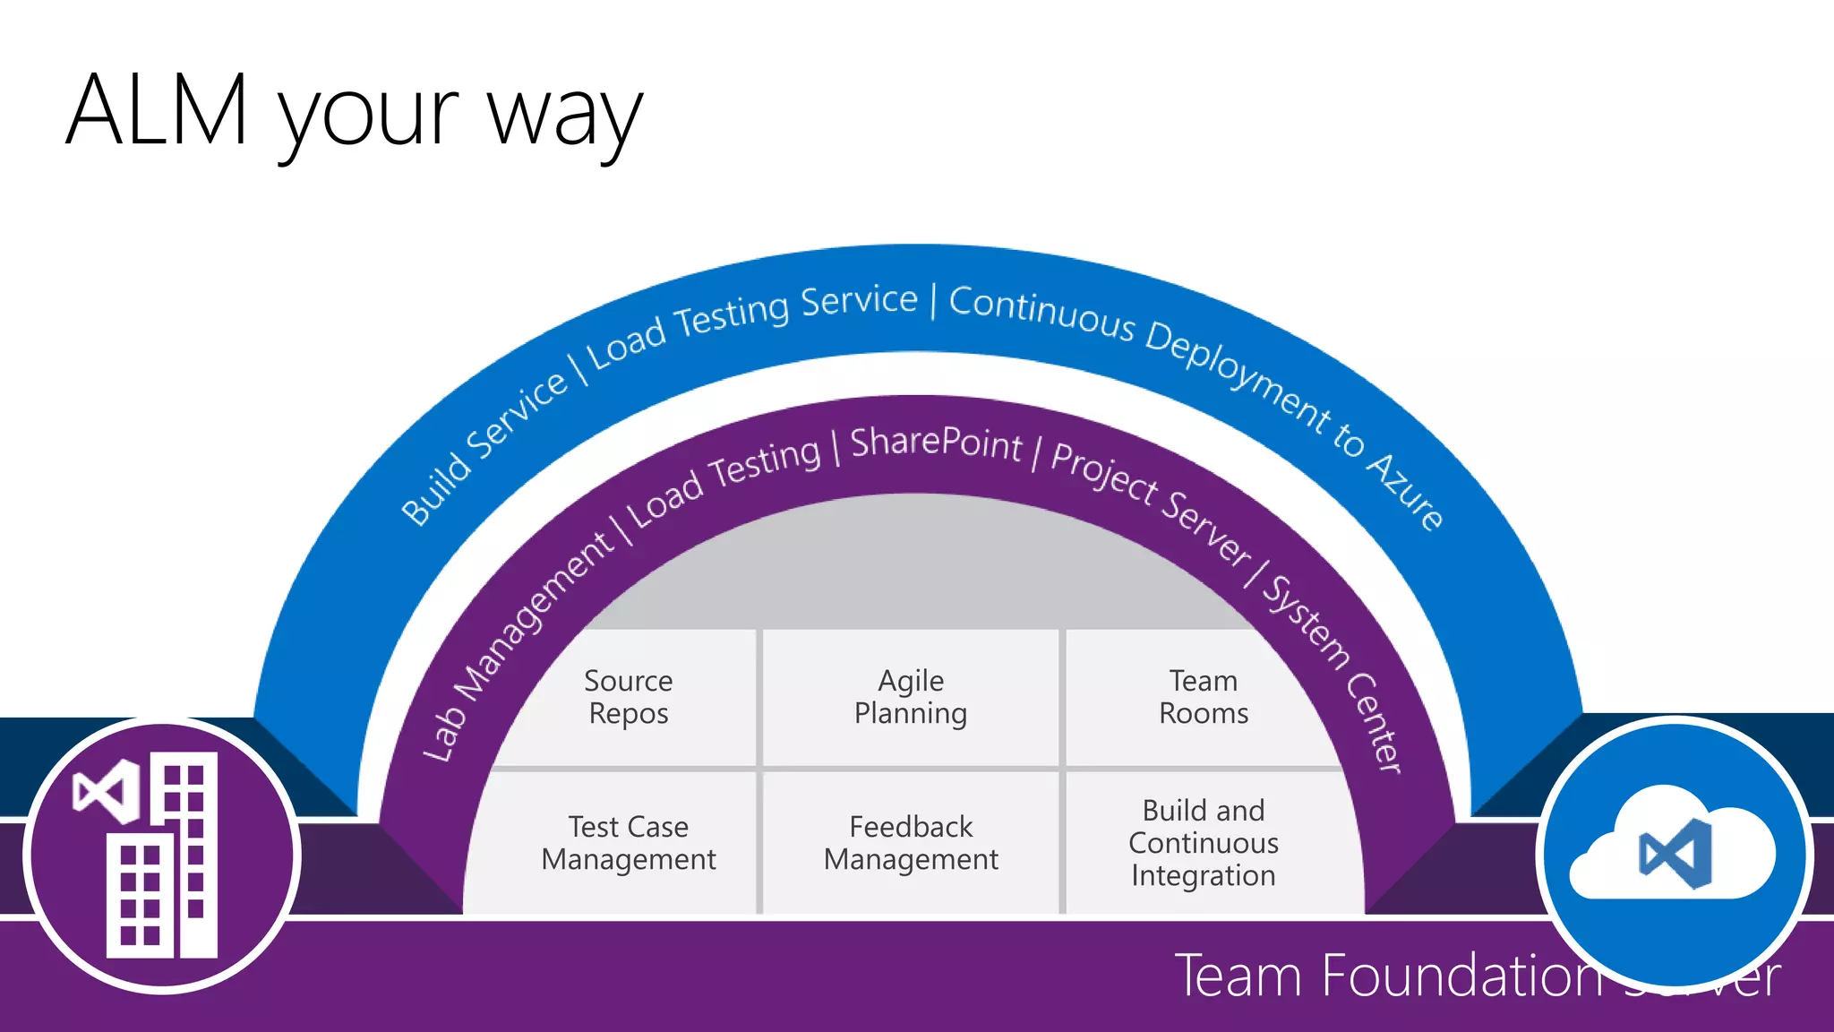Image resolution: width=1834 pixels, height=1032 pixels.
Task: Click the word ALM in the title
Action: coord(157,110)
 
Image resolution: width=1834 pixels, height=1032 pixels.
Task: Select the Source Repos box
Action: coord(628,697)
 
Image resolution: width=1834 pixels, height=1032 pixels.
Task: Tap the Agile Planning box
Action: coord(911,697)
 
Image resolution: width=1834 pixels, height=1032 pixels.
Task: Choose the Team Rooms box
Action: coord(1203,697)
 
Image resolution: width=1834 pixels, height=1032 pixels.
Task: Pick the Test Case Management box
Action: coord(628,842)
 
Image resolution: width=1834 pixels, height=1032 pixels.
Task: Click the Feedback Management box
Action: coord(911,842)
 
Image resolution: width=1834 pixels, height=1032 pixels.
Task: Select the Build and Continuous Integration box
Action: coord(1203,842)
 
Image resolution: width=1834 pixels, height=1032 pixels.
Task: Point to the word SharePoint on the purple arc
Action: coord(936,443)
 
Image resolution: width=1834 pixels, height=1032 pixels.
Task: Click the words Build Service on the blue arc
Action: coord(484,448)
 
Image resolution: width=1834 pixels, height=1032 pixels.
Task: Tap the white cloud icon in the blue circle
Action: coord(1671,847)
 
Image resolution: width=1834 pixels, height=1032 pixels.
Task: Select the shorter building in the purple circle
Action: coord(140,896)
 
